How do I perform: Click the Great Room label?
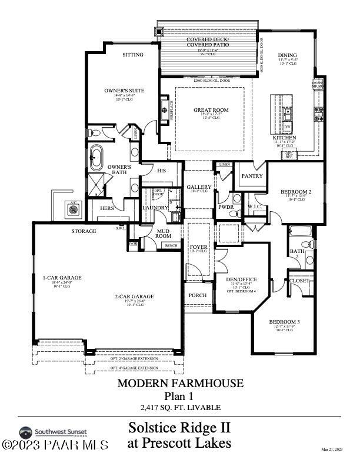click(211, 110)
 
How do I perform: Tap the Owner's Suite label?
click(124, 91)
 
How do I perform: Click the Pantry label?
click(252, 175)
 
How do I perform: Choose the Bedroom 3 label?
click(285, 321)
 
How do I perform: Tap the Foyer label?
click(198, 247)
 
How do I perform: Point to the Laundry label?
click(155, 207)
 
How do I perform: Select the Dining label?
click(288, 55)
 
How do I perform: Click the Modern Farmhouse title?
click(180, 383)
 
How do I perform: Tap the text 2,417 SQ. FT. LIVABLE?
click(180, 407)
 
